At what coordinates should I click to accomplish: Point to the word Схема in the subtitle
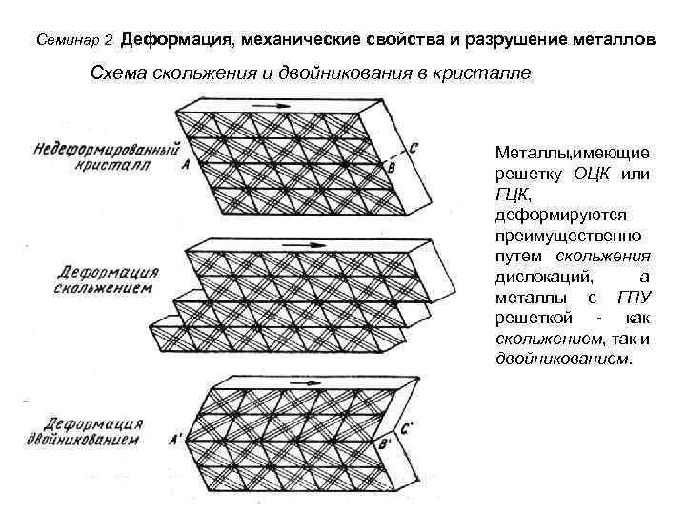point(120,73)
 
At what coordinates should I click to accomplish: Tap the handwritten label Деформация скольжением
point(105,279)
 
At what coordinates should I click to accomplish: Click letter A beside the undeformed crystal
point(185,164)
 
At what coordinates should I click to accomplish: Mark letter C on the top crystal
point(413,149)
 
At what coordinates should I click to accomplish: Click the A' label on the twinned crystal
point(176,441)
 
